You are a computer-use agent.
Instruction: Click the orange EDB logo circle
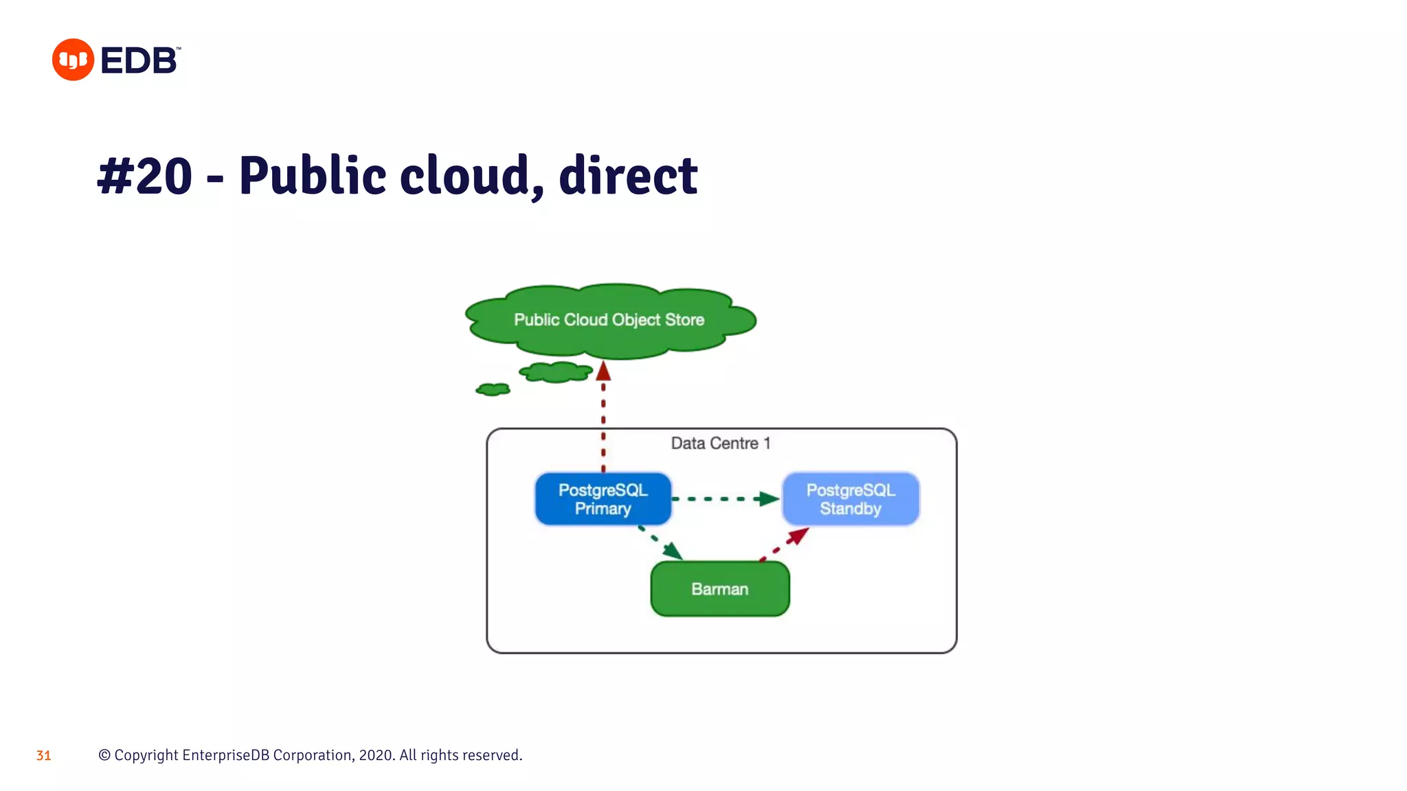(73, 60)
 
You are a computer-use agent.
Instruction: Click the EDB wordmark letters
(139, 60)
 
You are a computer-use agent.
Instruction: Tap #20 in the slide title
(145, 176)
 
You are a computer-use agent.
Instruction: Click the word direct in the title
(628, 176)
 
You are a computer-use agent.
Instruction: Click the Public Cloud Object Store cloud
(609, 320)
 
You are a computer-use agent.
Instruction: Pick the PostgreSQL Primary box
(603, 499)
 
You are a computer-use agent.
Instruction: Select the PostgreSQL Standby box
(851, 499)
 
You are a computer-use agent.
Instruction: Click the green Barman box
(720, 589)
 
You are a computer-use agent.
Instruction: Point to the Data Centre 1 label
(721, 444)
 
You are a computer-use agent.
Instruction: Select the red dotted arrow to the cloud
(603, 419)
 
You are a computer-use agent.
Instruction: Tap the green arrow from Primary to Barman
(660, 542)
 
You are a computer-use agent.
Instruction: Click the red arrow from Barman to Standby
(785, 544)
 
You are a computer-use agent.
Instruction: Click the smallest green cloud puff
(493, 389)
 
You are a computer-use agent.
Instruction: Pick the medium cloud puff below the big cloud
(556, 372)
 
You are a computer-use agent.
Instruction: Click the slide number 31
(43, 756)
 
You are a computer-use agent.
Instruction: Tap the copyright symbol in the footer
(104, 755)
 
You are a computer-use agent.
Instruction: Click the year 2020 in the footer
(376, 755)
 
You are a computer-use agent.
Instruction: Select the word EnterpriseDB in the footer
(226, 755)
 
